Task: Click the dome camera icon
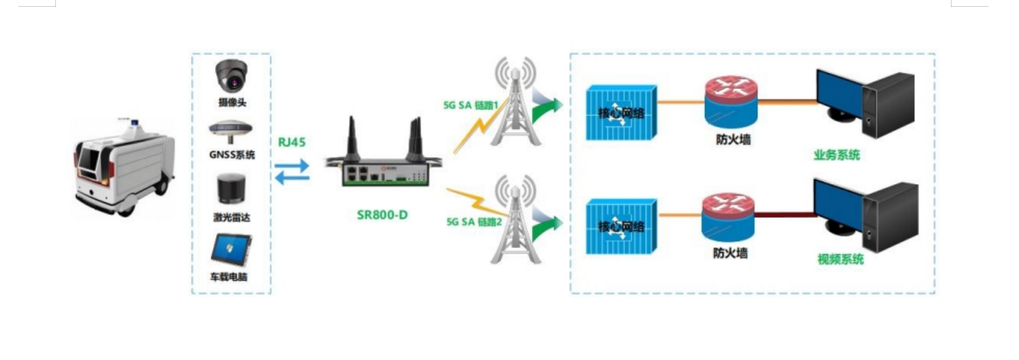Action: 233,77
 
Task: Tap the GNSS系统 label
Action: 232,155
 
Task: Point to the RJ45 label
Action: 292,142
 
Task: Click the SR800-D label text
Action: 383,216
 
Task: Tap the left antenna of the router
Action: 352,138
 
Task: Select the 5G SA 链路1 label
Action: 470,106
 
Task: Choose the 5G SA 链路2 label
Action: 474,222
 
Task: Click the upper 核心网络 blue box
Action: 621,113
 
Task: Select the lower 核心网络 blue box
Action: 621,226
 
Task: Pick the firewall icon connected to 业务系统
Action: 731,101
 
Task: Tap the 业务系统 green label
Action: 836,156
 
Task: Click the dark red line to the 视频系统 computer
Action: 785,215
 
